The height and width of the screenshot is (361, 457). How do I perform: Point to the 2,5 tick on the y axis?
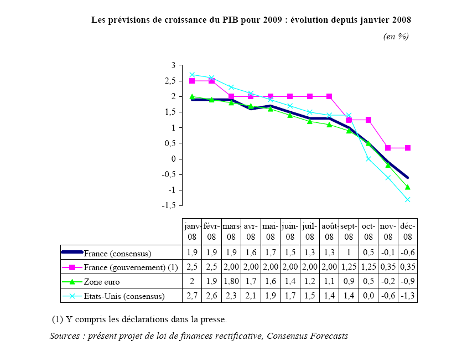pyautogui.click(x=168, y=81)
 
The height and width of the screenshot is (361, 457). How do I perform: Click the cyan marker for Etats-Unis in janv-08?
pyautogui.click(x=192, y=75)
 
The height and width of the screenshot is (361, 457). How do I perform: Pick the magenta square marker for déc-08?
pyautogui.click(x=408, y=148)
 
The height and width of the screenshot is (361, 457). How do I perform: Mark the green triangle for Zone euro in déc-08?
pyautogui.click(x=408, y=187)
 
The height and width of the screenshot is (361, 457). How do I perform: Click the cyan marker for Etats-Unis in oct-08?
pyautogui.click(x=368, y=159)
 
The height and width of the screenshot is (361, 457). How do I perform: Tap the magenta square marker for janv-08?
pyautogui.click(x=192, y=81)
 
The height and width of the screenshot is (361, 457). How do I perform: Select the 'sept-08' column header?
pyautogui.click(x=349, y=231)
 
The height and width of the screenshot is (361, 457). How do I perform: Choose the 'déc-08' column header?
pyautogui.click(x=408, y=231)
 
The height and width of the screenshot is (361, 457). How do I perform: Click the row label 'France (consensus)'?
pyautogui.click(x=118, y=254)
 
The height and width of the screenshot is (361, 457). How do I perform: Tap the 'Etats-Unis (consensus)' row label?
pyautogui.click(x=124, y=296)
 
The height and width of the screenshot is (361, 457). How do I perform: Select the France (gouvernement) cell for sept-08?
pyautogui.click(x=349, y=267)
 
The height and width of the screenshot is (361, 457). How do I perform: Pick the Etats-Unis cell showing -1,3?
pyautogui.click(x=408, y=296)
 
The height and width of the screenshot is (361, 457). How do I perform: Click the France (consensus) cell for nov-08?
pyautogui.click(x=388, y=254)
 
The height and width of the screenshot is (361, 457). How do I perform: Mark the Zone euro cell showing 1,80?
pyautogui.click(x=231, y=282)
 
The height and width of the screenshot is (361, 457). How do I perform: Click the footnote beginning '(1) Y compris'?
pyautogui.click(x=139, y=319)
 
